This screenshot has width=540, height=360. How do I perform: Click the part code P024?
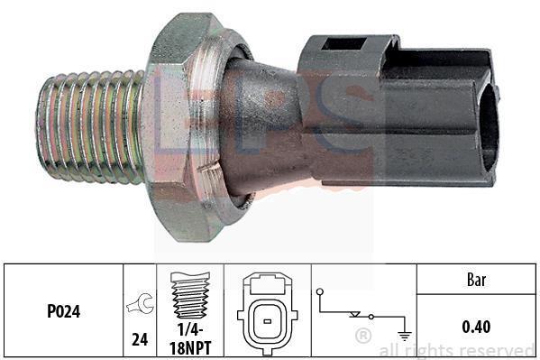pyautogui.click(x=64, y=311)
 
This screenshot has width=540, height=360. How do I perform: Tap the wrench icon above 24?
pyautogui.click(x=140, y=303)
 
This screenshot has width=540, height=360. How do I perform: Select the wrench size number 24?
pyautogui.click(x=140, y=339)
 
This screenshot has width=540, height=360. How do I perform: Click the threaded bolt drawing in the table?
pyautogui.click(x=190, y=295)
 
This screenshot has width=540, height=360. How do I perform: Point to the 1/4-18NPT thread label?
pyautogui.click(x=190, y=339)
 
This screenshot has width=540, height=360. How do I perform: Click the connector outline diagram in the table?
pyautogui.click(x=267, y=313)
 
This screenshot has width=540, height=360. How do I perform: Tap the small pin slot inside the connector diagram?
pyautogui.click(x=267, y=321)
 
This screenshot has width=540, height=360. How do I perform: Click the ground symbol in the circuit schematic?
pyautogui.click(x=404, y=335)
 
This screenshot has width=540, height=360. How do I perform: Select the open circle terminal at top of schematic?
pyautogui.click(x=320, y=291)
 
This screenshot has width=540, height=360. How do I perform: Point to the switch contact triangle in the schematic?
pyautogui.click(x=354, y=314)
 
